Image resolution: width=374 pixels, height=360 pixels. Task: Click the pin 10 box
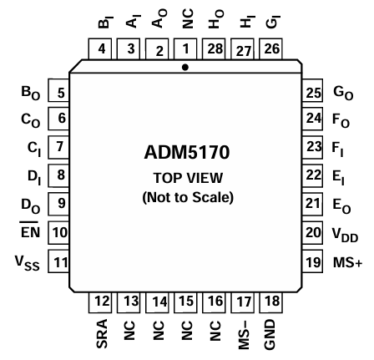pos(58,252)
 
